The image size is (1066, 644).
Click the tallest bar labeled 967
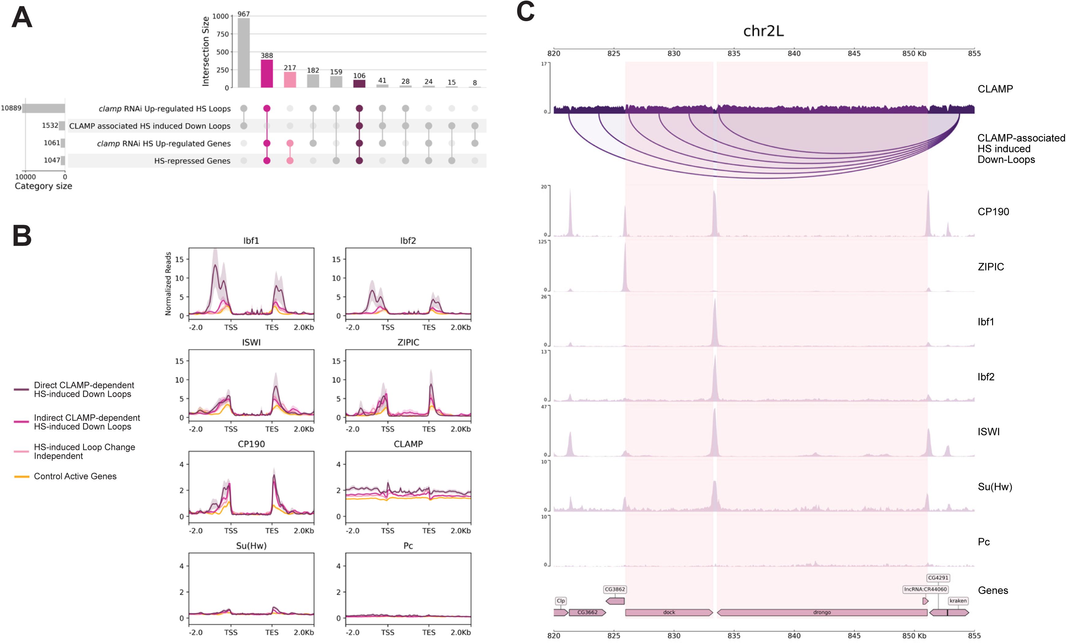[243, 53]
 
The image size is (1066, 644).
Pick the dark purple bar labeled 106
[359, 83]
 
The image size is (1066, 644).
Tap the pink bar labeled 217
[290, 80]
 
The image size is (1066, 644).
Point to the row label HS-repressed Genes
[192, 161]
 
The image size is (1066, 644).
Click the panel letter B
[22, 236]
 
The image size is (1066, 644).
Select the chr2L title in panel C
[763, 31]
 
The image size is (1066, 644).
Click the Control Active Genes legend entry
[75, 476]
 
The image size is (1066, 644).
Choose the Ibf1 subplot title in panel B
[251, 241]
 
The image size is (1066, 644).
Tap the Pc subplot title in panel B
[408, 546]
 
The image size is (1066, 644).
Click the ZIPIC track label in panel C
[991, 266]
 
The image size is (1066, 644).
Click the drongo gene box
[822, 612]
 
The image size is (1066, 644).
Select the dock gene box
[669, 612]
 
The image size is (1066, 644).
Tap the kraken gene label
[958, 601]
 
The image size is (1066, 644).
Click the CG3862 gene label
[615, 589]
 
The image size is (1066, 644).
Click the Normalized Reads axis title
[168, 283]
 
